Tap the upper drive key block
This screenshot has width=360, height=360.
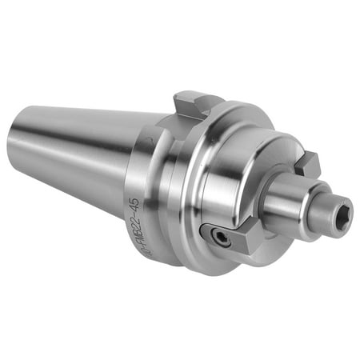[x=306, y=164]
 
